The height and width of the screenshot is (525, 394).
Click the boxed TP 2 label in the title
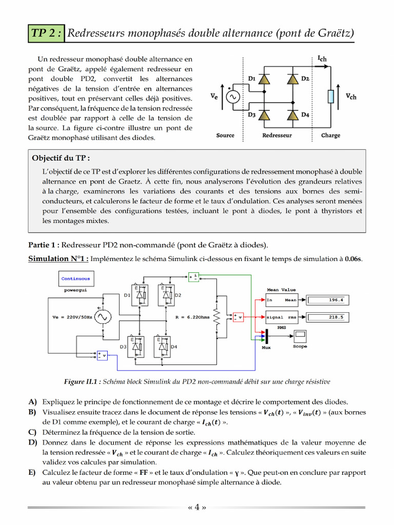47,34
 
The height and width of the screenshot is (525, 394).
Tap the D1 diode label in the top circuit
251,78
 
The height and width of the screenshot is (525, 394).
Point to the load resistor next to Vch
331,96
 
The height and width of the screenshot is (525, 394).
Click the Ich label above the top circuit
322,59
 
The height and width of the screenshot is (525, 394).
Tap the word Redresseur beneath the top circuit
277,135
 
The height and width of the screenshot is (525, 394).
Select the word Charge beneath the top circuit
330,135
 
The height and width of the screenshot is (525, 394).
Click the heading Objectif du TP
64,158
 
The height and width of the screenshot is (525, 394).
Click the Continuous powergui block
75,279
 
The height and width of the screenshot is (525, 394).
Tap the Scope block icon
300,336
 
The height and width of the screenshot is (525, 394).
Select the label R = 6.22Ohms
193,317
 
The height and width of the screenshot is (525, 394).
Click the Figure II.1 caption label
83,381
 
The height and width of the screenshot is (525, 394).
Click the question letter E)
33,472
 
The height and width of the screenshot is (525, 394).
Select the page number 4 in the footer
197,508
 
